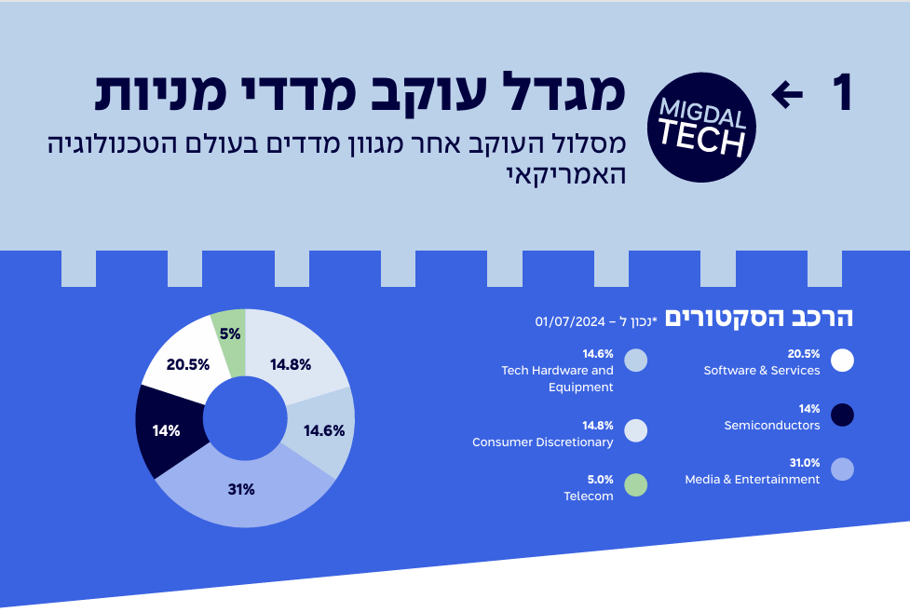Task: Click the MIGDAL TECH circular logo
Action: pyautogui.click(x=701, y=128)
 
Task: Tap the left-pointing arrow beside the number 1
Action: pyautogui.click(x=787, y=93)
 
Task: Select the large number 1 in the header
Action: pyautogui.click(x=841, y=93)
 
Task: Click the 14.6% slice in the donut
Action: pyautogui.click(x=324, y=430)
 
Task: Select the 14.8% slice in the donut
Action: pyautogui.click(x=291, y=363)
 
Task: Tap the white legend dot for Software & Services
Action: pyautogui.click(x=842, y=360)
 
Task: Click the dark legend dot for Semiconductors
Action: pyautogui.click(x=842, y=415)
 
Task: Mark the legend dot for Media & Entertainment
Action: pyautogui.click(x=842, y=469)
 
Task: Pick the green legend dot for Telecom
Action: pyautogui.click(x=635, y=485)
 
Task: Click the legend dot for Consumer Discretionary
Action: pyautogui.click(x=635, y=430)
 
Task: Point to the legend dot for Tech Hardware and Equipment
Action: pyautogui.click(x=635, y=360)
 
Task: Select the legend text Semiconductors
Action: pyautogui.click(x=771, y=426)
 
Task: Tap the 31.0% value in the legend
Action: pyautogui.click(x=804, y=463)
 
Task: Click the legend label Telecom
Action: pyautogui.click(x=589, y=496)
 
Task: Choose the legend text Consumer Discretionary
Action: pyautogui.click(x=543, y=442)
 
